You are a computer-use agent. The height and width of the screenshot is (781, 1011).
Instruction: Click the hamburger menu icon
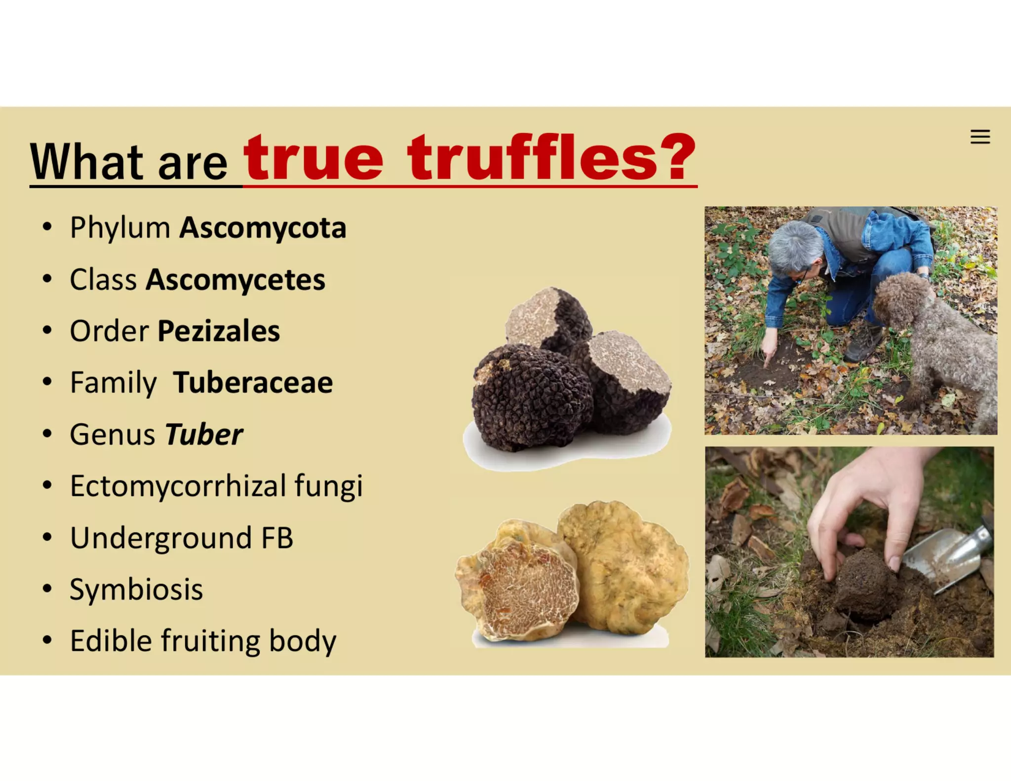tap(980, 137)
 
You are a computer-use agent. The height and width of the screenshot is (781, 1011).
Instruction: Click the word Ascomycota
tap(263, 228)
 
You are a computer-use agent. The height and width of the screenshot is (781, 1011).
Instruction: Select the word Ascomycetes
tap(235, 280)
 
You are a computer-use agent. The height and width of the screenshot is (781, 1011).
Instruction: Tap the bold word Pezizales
tap(219, 331)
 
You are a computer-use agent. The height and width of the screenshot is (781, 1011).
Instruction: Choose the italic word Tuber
tap(203, 435)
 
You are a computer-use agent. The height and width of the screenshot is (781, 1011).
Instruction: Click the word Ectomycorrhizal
tap(178, 486)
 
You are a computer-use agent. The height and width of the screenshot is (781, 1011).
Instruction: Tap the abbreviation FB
tap(277, 538)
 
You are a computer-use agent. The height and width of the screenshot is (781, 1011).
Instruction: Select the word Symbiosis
tap(136, 590)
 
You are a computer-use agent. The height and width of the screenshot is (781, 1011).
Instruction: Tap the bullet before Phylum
tap(47, 228)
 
